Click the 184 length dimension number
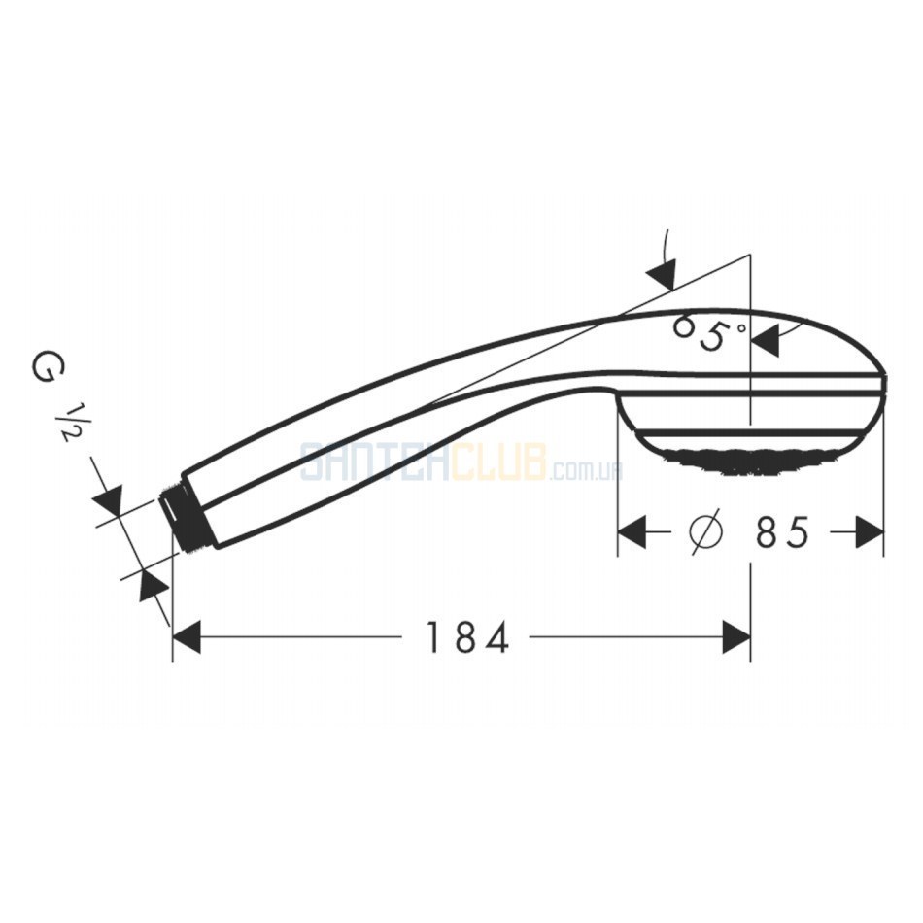(466, 637)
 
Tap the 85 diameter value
(782, 531)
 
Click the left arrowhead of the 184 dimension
(187, 637)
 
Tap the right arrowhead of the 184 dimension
(736, 637)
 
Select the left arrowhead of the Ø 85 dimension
(632, 531)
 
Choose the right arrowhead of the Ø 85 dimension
(870, 531)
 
